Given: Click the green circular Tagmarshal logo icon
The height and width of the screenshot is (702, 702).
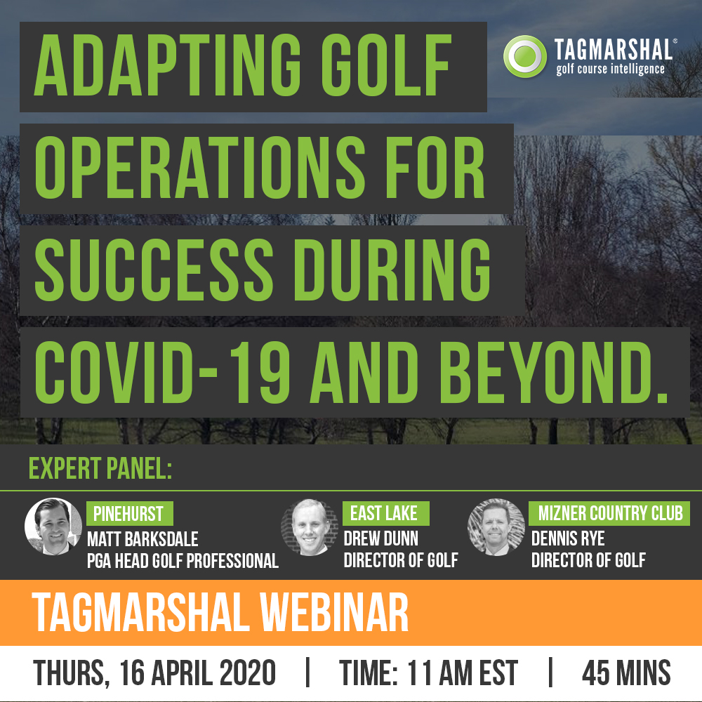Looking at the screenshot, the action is (524, 56).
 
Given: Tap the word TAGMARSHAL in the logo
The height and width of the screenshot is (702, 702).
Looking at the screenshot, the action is (613, 50).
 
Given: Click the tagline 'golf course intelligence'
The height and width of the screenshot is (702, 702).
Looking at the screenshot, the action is (610, 69).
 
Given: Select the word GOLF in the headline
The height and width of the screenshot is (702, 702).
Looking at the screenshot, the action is (385, 65).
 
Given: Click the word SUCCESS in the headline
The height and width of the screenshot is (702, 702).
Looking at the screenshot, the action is (154, 270).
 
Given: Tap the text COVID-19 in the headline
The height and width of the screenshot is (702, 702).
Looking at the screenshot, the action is (162, 372).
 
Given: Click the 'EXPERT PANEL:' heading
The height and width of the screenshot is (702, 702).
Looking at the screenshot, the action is (100, 468).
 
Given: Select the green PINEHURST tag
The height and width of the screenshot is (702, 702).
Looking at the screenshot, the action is (129, 514).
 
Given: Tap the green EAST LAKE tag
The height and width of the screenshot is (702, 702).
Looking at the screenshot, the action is (385, 513).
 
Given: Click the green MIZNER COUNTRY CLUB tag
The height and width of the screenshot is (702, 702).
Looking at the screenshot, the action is (609, 513).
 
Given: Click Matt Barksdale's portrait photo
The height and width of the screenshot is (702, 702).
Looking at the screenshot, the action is (53, 526).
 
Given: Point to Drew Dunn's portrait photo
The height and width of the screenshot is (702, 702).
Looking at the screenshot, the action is (310, 527).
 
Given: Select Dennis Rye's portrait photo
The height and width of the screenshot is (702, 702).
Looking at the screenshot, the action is (496, 527).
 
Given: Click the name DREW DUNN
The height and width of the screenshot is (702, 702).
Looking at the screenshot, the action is (381, 538).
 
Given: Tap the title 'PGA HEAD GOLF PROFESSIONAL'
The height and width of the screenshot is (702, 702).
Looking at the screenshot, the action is (183, 560).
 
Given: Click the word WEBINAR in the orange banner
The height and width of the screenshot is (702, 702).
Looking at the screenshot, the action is (334, 612).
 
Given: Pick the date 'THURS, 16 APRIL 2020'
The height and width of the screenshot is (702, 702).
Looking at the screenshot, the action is (154, 673).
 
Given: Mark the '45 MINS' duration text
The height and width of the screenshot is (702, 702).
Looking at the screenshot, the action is (626, 673).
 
